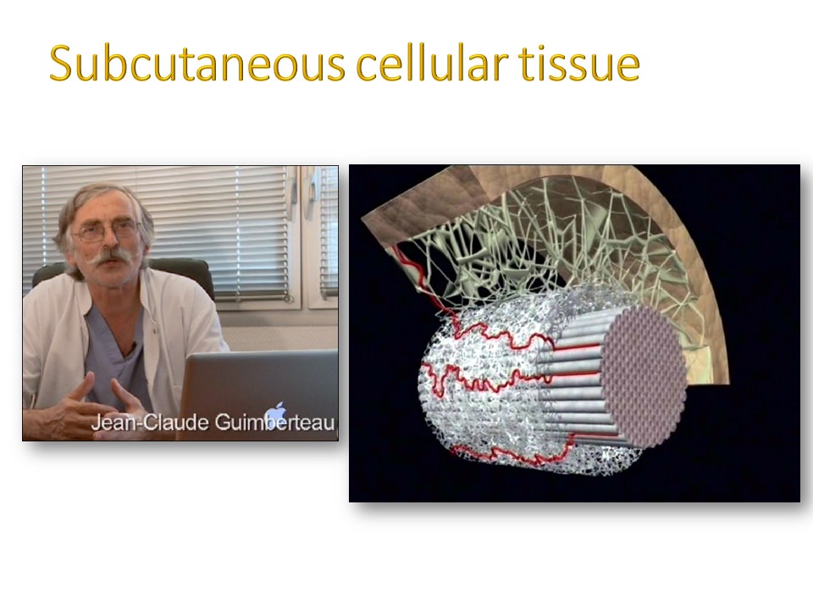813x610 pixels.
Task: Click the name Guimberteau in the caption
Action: pos(274,423)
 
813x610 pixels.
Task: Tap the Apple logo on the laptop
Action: pos(275,413)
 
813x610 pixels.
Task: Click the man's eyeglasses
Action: pos(107,230)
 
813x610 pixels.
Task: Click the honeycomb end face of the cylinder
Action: pos(646,376)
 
